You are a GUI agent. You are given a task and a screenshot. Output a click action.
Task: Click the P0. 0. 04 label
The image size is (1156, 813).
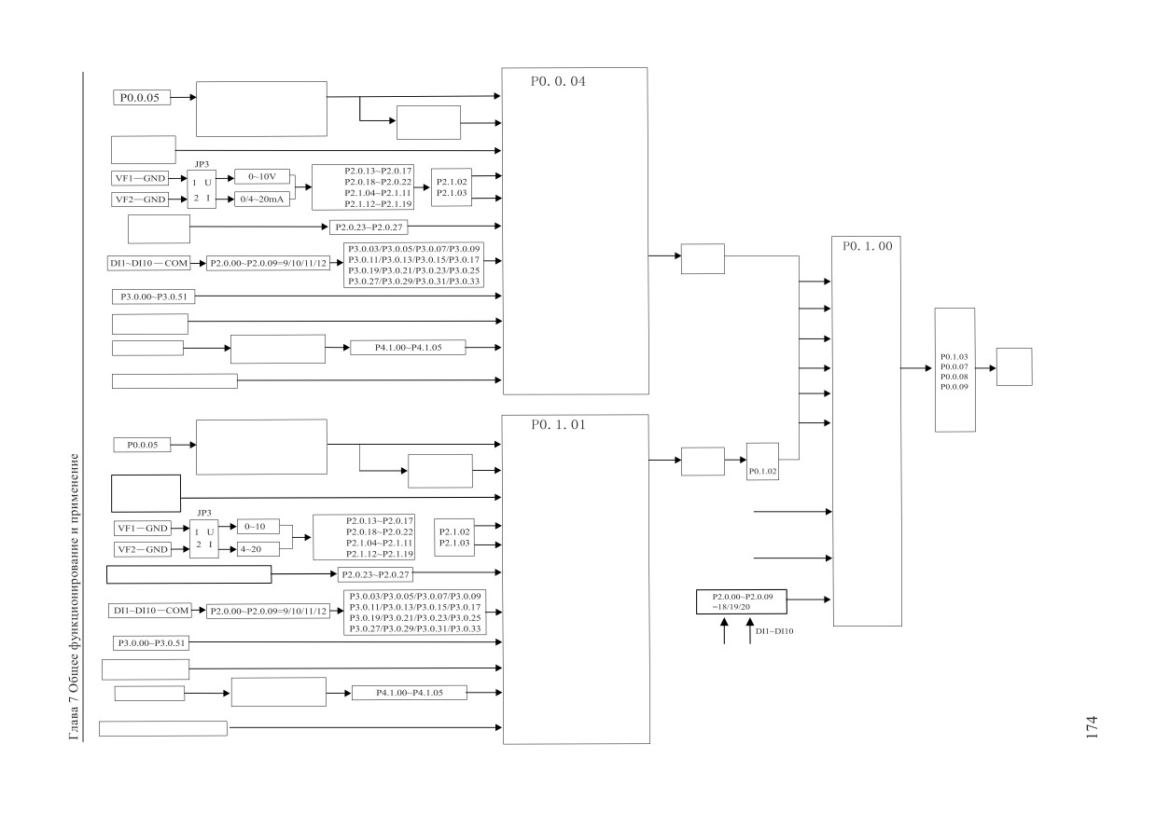coord(558,81)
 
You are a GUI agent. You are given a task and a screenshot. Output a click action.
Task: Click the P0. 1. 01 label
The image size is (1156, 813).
coord(558,424)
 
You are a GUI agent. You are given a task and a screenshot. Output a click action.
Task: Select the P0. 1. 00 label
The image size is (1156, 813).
coord(868,246)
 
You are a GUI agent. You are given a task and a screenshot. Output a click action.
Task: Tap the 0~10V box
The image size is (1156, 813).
coord(262,176)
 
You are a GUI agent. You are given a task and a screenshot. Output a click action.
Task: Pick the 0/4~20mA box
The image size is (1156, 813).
coord(262,200)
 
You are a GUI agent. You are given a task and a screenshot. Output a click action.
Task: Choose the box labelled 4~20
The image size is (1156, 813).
coord(258,549)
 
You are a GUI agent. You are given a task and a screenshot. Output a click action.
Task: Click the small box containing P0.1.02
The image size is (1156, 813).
coord(762,462)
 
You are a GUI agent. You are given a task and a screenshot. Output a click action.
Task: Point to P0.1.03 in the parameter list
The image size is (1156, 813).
coord(954,356)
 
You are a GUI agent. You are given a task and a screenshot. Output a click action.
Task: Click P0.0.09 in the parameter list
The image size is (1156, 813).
coord(954,386)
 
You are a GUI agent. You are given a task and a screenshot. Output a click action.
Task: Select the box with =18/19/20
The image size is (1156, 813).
coord(742,601)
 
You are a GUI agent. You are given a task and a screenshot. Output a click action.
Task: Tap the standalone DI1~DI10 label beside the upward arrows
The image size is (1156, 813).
coord(774,631)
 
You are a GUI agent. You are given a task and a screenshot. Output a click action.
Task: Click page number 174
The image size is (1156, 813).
coord(1092,727)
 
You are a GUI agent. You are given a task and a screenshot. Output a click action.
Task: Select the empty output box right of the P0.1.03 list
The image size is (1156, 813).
coord(1014,366)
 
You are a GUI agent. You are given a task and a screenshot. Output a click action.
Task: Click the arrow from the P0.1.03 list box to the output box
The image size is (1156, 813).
coord(985,368)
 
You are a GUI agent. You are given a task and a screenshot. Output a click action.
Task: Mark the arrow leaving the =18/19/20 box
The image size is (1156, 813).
coord(809,599)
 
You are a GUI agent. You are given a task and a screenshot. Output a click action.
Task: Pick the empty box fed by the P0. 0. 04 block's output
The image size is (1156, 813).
coord(703,258)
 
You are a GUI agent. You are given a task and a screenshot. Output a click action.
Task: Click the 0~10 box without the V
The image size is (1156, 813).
coord(258,526)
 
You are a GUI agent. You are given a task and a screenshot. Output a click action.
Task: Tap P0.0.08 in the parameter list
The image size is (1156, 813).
coord(954,377)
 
